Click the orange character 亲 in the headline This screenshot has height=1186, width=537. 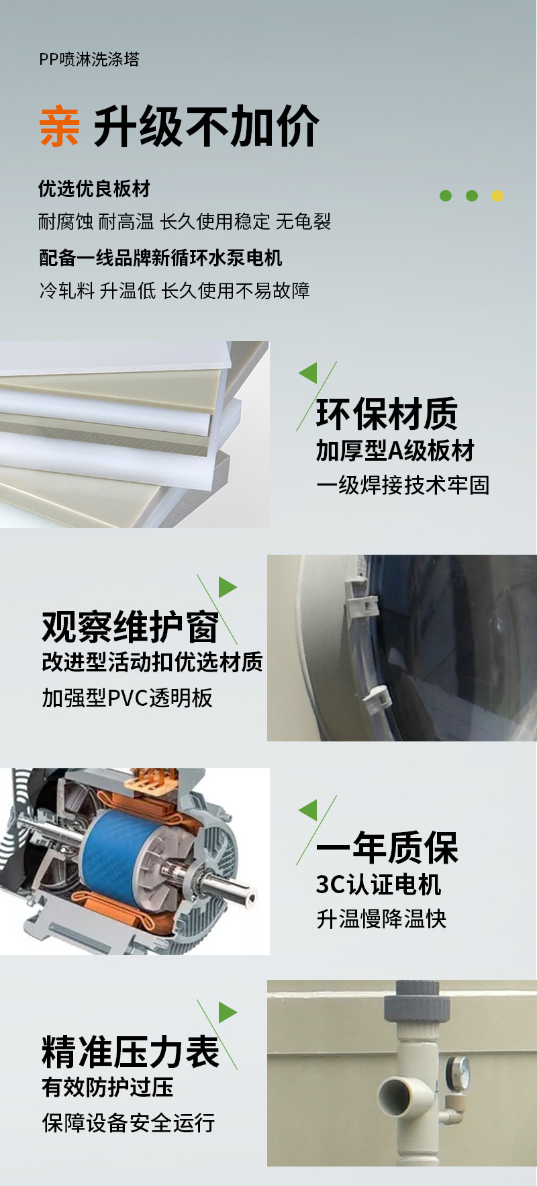[x=59, y=126]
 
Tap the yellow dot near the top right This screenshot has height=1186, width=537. [x=497, y=195]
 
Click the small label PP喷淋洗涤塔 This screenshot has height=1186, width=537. [x=89, y=59]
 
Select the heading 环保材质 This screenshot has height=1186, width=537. [x=387, y=414]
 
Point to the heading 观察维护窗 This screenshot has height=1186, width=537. [x=130, y=627]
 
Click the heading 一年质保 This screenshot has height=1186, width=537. [x=387, y=848]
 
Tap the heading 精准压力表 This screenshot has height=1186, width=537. [x=130, y=1052]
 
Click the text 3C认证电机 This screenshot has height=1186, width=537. [x=379, y=884]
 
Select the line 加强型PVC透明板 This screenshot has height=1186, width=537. [x=127, y=698]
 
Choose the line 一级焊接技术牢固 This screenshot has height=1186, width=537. [x=403, y=485]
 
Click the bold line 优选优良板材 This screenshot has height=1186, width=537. [x=94, y=189]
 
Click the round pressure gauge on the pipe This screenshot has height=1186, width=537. [x=460, y=1068]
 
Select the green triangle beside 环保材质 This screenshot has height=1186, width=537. [x=309, y=373]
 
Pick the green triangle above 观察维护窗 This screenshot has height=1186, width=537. [x=227, y=588]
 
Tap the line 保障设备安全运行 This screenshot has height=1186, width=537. [x=128, y=1122]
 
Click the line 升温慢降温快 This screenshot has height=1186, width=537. [x=381, y=919]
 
